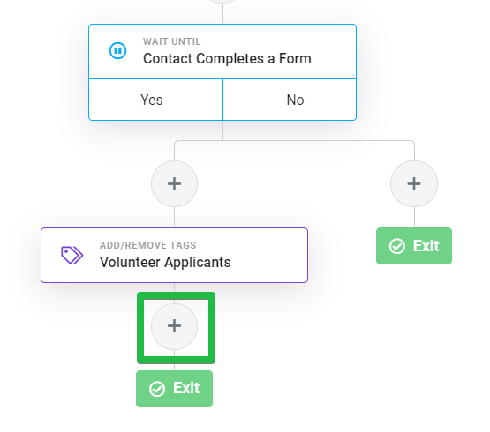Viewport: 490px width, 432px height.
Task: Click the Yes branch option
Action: point(155,100)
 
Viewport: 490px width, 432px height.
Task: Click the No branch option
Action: point(290,100)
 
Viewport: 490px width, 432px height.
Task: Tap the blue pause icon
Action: point(117,50)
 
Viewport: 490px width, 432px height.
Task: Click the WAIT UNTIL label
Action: point(172,41)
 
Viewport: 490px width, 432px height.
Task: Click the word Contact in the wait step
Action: point(168,59)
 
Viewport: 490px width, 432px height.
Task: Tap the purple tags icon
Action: point(72,255)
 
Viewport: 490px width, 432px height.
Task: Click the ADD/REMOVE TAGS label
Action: point(147,245)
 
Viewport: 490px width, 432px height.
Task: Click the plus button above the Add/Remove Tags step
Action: point(175,184)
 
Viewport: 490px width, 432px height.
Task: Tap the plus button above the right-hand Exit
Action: point(414,184)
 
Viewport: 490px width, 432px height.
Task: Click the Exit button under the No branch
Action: point(414,246)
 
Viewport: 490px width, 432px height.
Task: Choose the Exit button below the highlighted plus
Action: point(175,389)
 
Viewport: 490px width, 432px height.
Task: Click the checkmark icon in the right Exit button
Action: point(397,246)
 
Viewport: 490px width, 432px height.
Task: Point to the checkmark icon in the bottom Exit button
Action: point(157,389)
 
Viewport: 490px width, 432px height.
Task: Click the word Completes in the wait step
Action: point(230,59)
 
